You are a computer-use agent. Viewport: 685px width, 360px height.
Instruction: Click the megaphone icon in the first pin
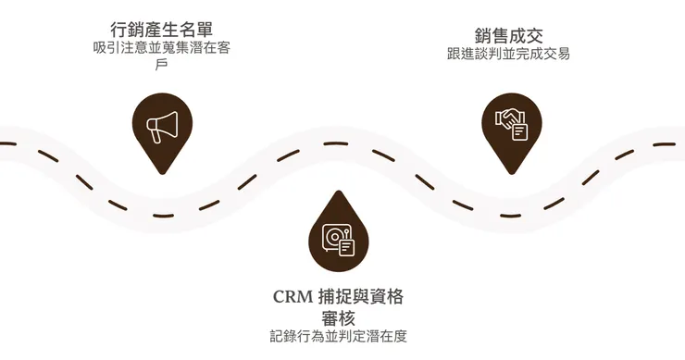tap(162, 127)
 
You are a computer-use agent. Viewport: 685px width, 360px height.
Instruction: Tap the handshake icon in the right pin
tap(511, 125)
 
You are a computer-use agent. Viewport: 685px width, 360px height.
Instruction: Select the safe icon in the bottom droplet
tap(338, 241)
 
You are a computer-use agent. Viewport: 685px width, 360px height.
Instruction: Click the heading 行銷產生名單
tap(162, 30)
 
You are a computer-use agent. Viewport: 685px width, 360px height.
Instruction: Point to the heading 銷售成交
tap(508, 36)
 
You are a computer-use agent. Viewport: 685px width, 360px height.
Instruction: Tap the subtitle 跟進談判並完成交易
tap(508, 54)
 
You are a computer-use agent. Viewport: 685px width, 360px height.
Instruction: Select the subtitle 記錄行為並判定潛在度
tap(338, 337)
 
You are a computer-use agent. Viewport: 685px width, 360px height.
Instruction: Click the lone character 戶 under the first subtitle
tap(162, 65)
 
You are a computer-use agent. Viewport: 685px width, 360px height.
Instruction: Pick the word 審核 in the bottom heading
tap(338, 318)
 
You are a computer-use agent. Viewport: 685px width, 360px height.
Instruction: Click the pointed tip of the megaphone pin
tap(162, 174)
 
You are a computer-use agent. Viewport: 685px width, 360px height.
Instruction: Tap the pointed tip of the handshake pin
tap(512, 174)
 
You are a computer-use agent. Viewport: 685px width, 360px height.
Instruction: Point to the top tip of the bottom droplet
tap(339, 191)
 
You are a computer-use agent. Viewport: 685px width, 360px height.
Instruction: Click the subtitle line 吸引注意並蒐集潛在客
tap(162, 47)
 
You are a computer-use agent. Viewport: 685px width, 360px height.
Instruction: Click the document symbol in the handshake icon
tap(519, 132)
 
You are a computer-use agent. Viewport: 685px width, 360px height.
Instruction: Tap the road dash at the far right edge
tap(665, 144)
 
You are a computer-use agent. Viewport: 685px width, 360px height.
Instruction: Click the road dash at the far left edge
tap(7, 143)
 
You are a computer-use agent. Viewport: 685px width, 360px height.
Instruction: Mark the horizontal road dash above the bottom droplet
tap(336, 143)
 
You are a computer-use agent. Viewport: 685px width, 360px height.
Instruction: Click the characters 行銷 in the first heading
tap(127, 30)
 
